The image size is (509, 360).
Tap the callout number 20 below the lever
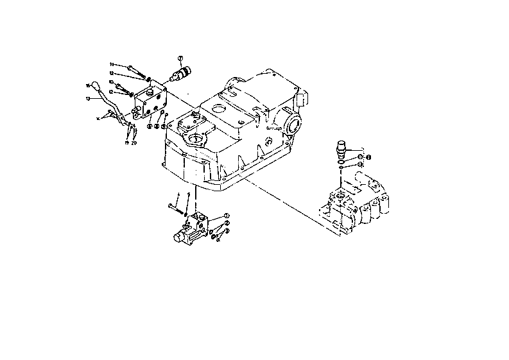click(x=135, y=144)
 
